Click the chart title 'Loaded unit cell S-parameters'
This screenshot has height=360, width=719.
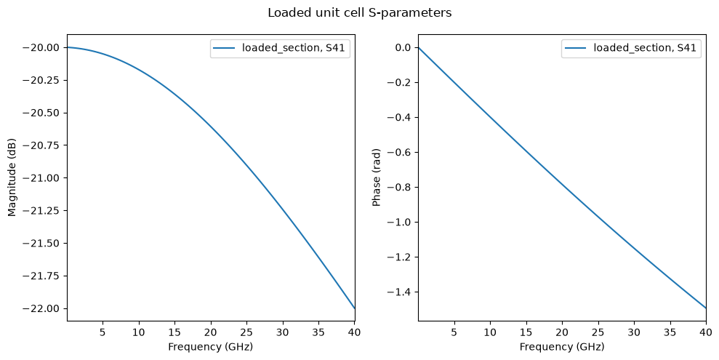(359, 13)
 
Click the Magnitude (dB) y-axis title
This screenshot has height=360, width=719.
(12, 177)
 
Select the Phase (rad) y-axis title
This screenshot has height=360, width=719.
(377, 177)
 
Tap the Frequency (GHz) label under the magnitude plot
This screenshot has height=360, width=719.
(211, 347)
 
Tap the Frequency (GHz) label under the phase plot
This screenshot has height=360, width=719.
(562, 347)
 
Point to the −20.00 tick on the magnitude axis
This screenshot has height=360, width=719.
(41, 48)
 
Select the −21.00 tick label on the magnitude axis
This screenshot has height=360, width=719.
(41, 178)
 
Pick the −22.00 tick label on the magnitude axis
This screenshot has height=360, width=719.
(41, 308)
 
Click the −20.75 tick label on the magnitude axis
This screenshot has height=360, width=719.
(41, 145)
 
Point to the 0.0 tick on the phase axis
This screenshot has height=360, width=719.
(402, 48)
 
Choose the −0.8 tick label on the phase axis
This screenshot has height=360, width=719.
(399, 187)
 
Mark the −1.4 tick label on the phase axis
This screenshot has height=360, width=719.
(399, 292)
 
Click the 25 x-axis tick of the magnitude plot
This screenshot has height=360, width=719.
(246, 332)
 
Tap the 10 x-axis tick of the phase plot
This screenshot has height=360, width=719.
(490, 332)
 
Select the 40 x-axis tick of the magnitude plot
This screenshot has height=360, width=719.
(355, 332)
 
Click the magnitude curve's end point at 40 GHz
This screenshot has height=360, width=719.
(355, 308)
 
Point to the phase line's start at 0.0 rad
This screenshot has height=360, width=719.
(419, 48)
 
